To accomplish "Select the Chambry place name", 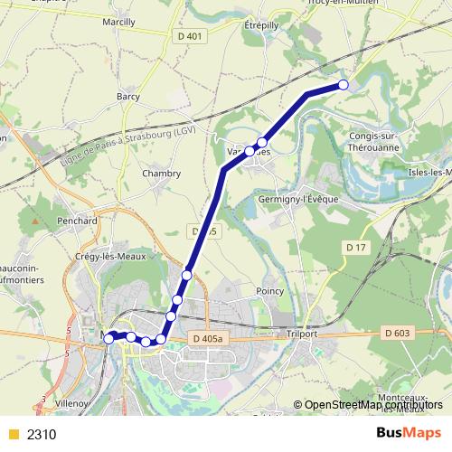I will click(x=162, y=173).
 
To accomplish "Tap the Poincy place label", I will click(x=270, y=291).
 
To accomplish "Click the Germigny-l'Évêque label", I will click(x=297, y=199).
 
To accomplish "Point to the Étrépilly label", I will click(x=264, y=26).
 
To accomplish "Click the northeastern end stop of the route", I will click(x=343, y=85).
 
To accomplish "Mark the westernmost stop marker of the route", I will click(x=109, y=338).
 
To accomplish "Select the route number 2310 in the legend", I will click(x=42, y=434).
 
